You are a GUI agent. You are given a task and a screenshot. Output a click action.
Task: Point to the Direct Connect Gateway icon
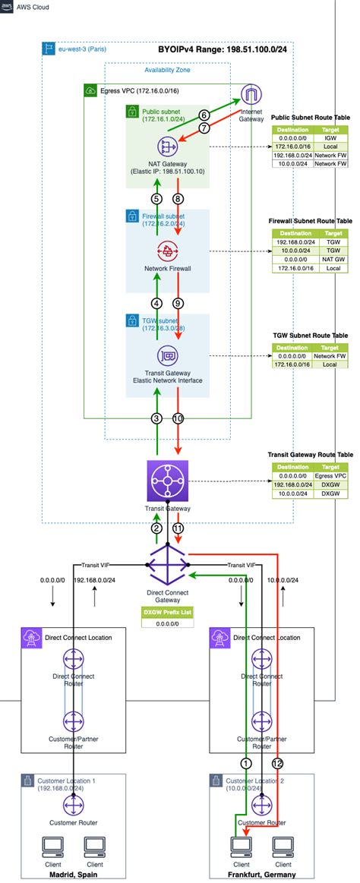pos(168,566)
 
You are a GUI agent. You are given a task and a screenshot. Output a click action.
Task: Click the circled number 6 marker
pos(204,115)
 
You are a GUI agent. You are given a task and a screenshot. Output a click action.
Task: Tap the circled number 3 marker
pos(156,418)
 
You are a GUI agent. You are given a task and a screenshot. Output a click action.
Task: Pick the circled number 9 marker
pos(178,303)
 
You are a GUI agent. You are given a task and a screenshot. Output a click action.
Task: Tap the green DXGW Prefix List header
pos(167,611)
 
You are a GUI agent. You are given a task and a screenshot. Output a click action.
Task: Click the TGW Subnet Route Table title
pos(310,334)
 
